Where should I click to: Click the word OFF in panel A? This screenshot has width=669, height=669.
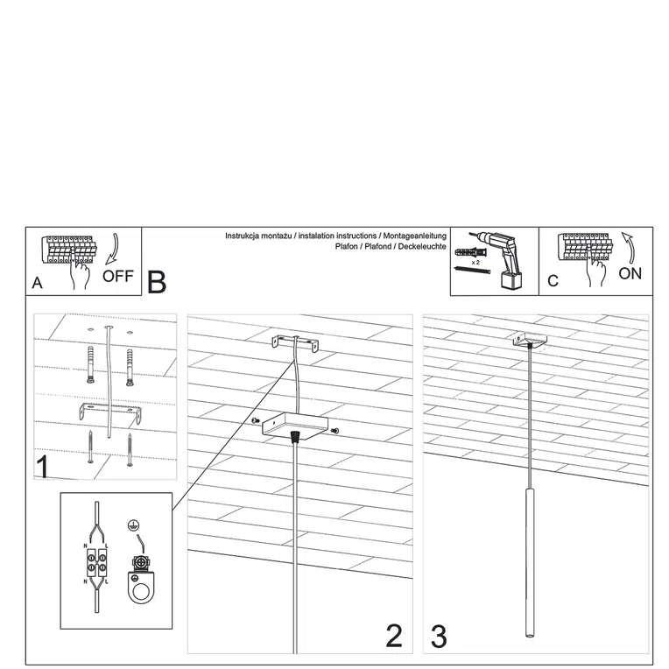[117, 276]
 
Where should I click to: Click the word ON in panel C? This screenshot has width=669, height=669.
[630, 273]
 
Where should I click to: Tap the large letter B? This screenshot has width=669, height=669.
[157, 282]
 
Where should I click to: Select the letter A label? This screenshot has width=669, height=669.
[37, 283]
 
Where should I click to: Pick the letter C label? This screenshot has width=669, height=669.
[552, 281]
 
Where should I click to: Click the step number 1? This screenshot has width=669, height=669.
[42, 466]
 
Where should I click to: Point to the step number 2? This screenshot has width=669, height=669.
[394, 636]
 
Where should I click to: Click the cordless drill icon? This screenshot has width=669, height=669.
[502, 256]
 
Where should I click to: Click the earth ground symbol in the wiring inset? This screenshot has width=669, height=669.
[133, 525]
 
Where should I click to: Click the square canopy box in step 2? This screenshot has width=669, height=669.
[293, 426]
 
